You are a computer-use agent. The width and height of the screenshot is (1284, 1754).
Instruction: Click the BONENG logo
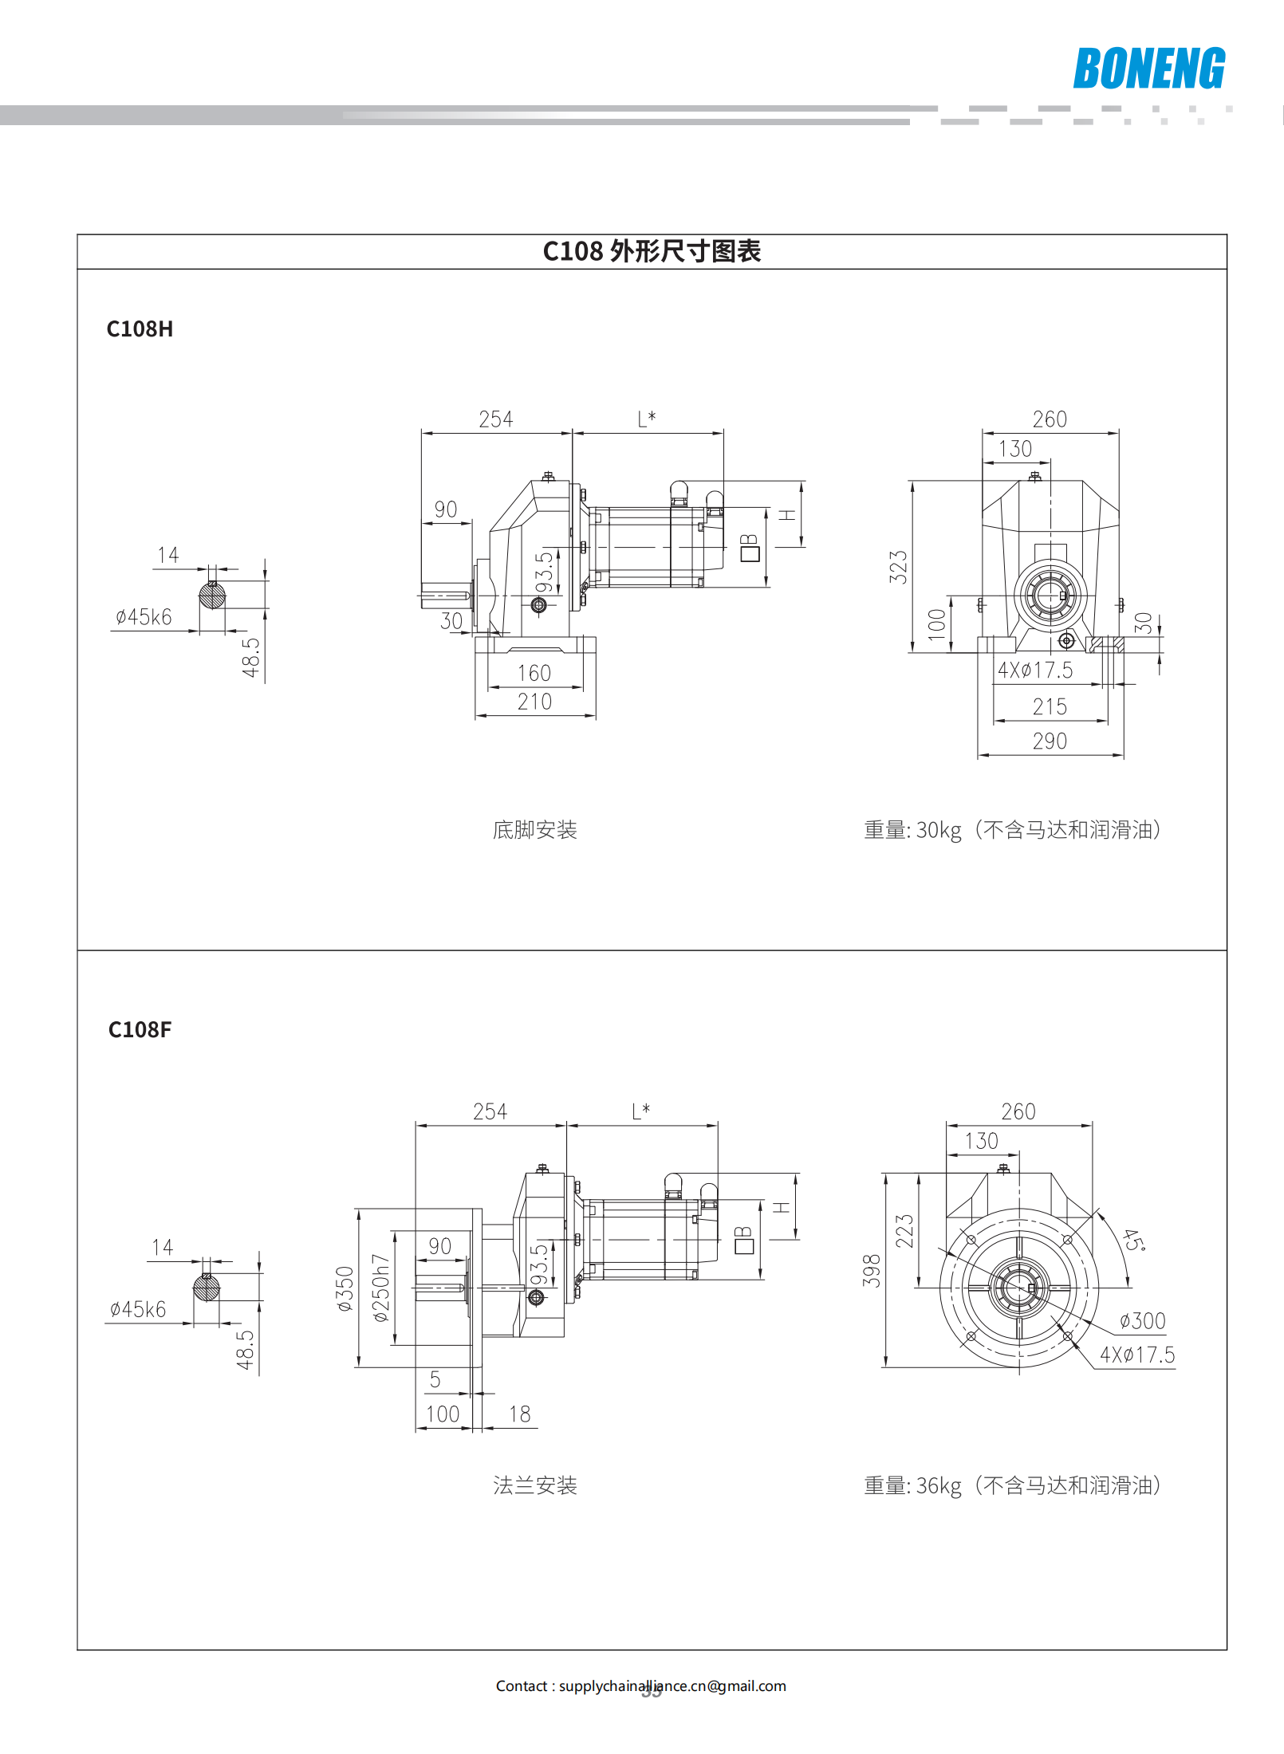[1148, 68]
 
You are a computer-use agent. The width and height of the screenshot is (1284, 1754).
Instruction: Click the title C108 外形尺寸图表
[652, 251]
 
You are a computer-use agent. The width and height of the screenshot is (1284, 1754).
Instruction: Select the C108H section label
[140, 328]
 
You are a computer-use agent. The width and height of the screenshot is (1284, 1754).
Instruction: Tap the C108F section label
[140, 1029]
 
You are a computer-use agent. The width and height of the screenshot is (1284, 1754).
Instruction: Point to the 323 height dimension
[899, 567]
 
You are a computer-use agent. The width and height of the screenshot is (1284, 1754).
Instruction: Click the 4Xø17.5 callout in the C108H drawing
[1035, 670]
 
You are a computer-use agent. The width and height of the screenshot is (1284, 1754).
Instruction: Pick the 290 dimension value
[1050, 741]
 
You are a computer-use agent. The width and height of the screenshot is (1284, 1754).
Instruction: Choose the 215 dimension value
[1050, 706]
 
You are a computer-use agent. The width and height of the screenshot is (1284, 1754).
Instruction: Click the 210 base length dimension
[534, 702]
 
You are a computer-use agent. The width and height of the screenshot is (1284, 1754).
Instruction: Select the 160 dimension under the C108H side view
[534, 673]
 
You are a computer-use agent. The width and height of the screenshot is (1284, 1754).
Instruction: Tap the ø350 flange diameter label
[345, 1289]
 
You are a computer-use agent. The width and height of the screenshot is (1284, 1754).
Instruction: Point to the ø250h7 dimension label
[381, 1288]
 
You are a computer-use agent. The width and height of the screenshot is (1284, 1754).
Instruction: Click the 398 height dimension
[872, 1271]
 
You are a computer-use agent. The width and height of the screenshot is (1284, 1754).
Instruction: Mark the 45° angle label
[1133, 1241]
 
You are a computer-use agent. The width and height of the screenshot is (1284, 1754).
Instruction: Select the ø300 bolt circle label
[1142, 1321]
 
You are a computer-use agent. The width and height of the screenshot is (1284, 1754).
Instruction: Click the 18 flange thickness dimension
[520, 1414]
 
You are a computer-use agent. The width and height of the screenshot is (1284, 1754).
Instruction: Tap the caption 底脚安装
[534, 830]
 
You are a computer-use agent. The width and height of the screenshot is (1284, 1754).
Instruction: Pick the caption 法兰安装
[534, 1485]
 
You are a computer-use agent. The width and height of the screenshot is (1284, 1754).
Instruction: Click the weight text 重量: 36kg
[912, 1486]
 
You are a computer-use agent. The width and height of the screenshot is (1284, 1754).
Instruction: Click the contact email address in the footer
[672, 1686]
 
